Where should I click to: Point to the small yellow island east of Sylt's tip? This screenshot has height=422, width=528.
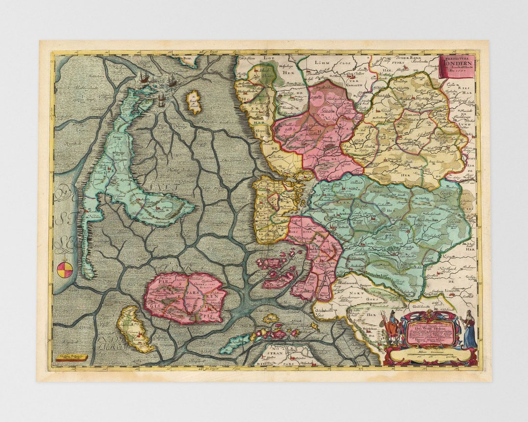click(195, 102)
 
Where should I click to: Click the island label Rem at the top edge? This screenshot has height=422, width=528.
click(186, 59)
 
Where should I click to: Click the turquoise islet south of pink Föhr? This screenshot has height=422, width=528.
click(235, 345)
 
